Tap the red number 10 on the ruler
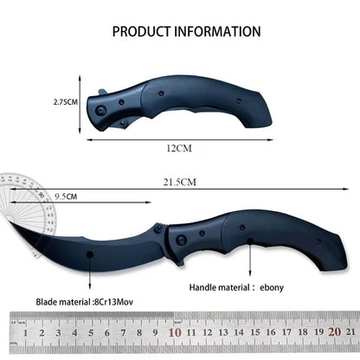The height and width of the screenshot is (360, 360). point(175,332)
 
